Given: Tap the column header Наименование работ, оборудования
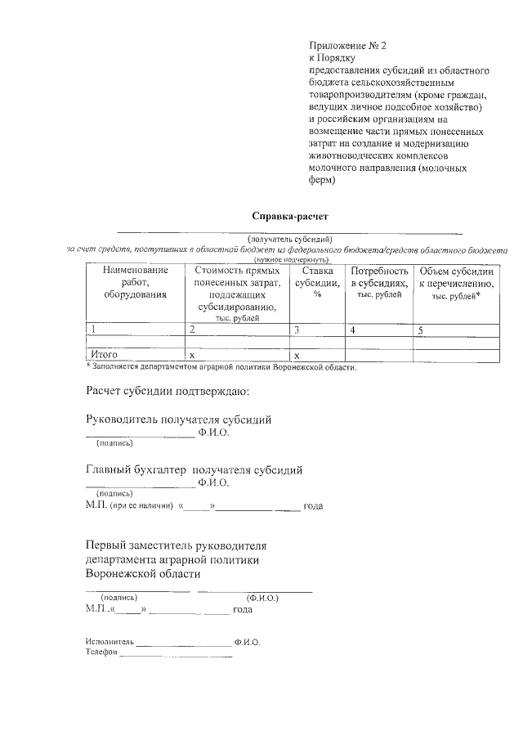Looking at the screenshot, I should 135,281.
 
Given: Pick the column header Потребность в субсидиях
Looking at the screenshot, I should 378,281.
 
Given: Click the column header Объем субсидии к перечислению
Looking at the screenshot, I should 455,281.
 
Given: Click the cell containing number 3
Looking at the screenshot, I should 297,330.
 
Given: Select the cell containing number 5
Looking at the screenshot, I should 421,330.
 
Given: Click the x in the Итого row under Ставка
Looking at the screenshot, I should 297,356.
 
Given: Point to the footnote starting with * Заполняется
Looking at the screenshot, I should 221,366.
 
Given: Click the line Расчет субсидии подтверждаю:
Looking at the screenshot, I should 168,391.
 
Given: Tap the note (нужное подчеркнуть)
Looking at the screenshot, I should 285,258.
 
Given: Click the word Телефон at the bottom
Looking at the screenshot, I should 102,653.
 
